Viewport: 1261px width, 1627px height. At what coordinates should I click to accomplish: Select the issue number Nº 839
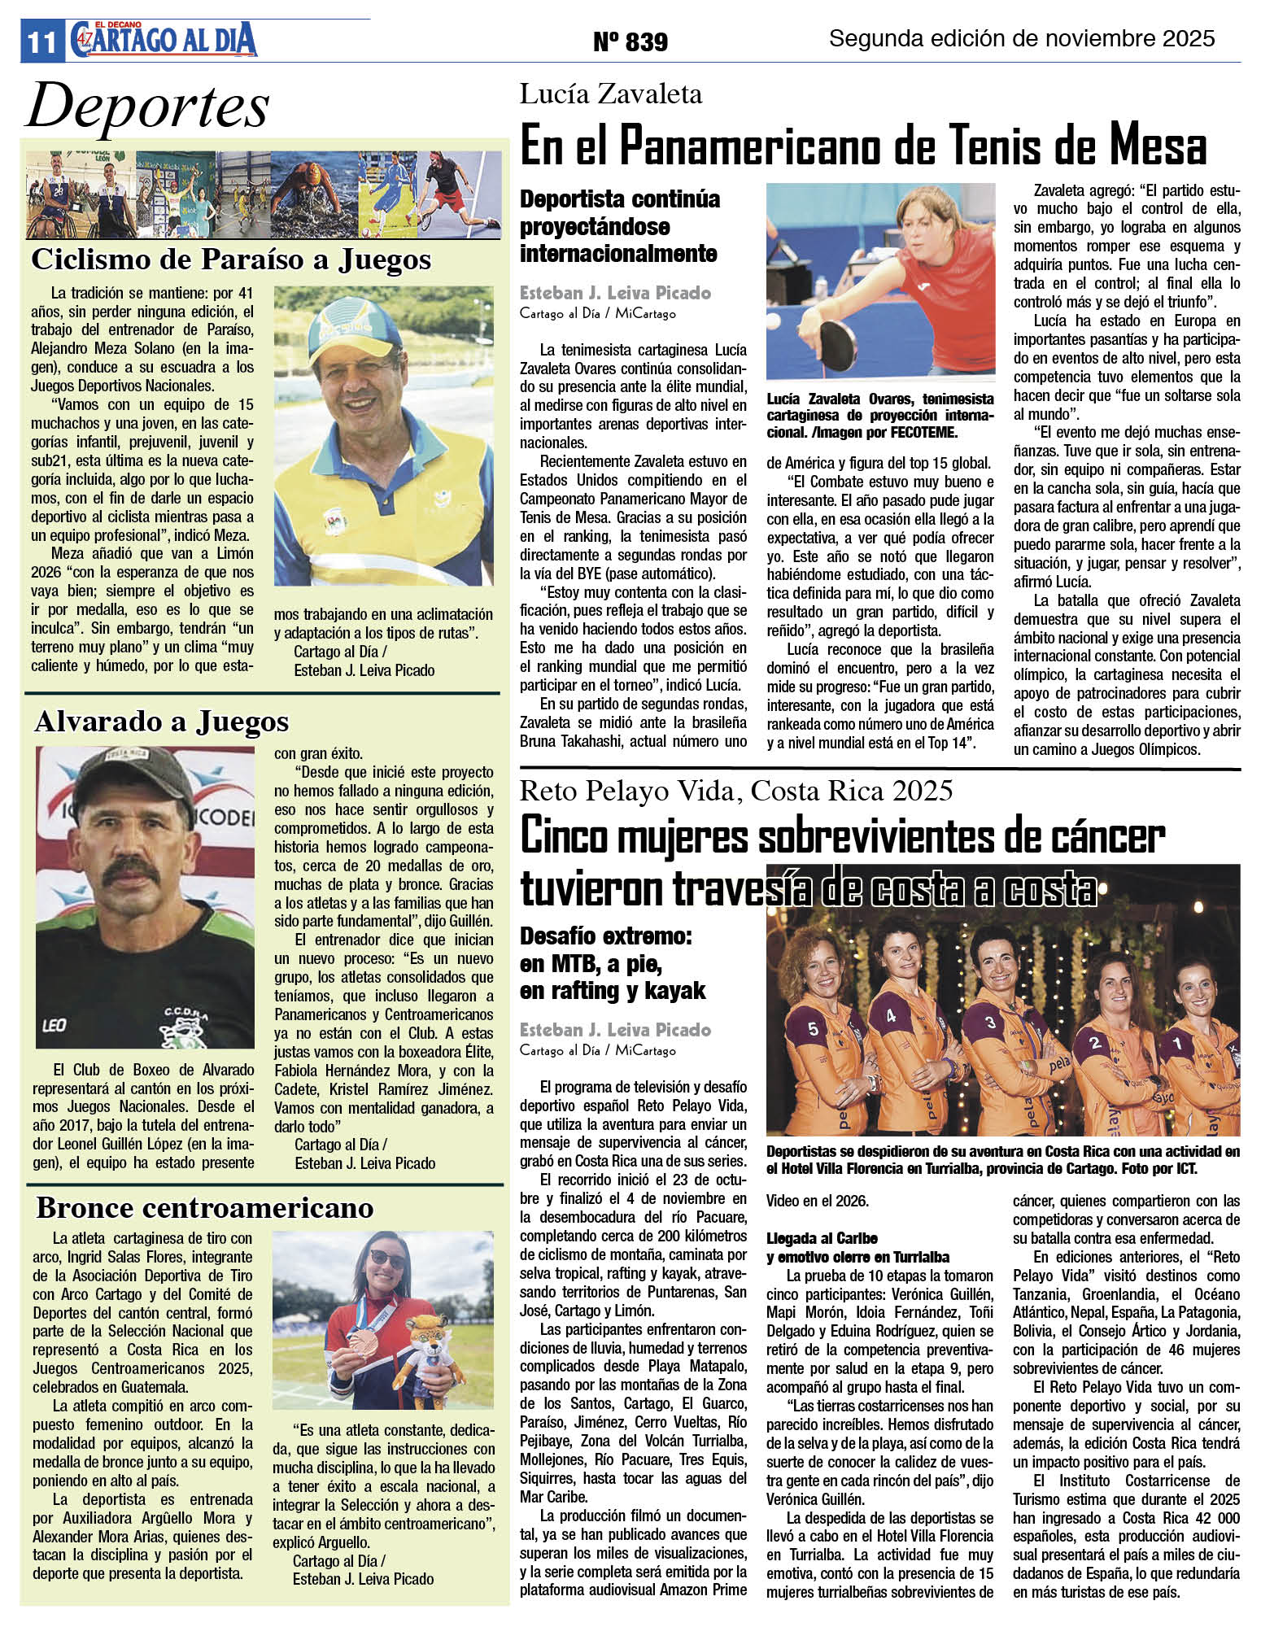630,41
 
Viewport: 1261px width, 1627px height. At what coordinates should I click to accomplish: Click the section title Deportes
148,107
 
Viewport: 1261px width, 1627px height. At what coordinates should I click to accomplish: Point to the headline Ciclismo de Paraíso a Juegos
231,260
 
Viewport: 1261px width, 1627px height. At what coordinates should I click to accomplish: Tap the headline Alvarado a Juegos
161,722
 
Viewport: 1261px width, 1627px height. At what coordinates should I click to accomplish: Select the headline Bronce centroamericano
204,1207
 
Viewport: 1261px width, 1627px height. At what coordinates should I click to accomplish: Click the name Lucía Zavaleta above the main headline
610,94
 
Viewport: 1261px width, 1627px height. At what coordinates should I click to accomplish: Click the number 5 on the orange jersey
813,1028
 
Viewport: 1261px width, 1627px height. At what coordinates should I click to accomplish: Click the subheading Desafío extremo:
605,936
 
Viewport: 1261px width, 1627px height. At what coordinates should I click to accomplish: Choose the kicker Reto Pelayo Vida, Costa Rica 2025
736,790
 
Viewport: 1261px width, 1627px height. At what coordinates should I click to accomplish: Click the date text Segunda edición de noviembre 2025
1022,38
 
